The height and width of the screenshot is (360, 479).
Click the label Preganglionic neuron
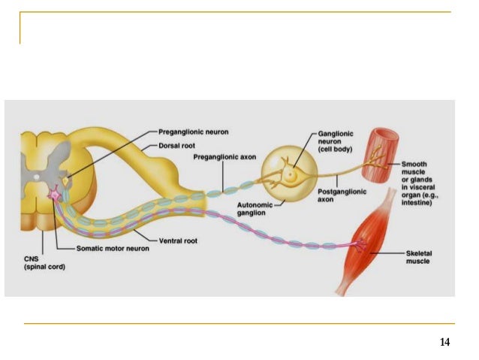(x=193, y=132)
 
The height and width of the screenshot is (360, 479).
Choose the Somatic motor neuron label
(x=111, y=248)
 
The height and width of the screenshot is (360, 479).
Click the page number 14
(x=444, y=343)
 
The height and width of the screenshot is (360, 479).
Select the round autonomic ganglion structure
(x=285, y=178)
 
